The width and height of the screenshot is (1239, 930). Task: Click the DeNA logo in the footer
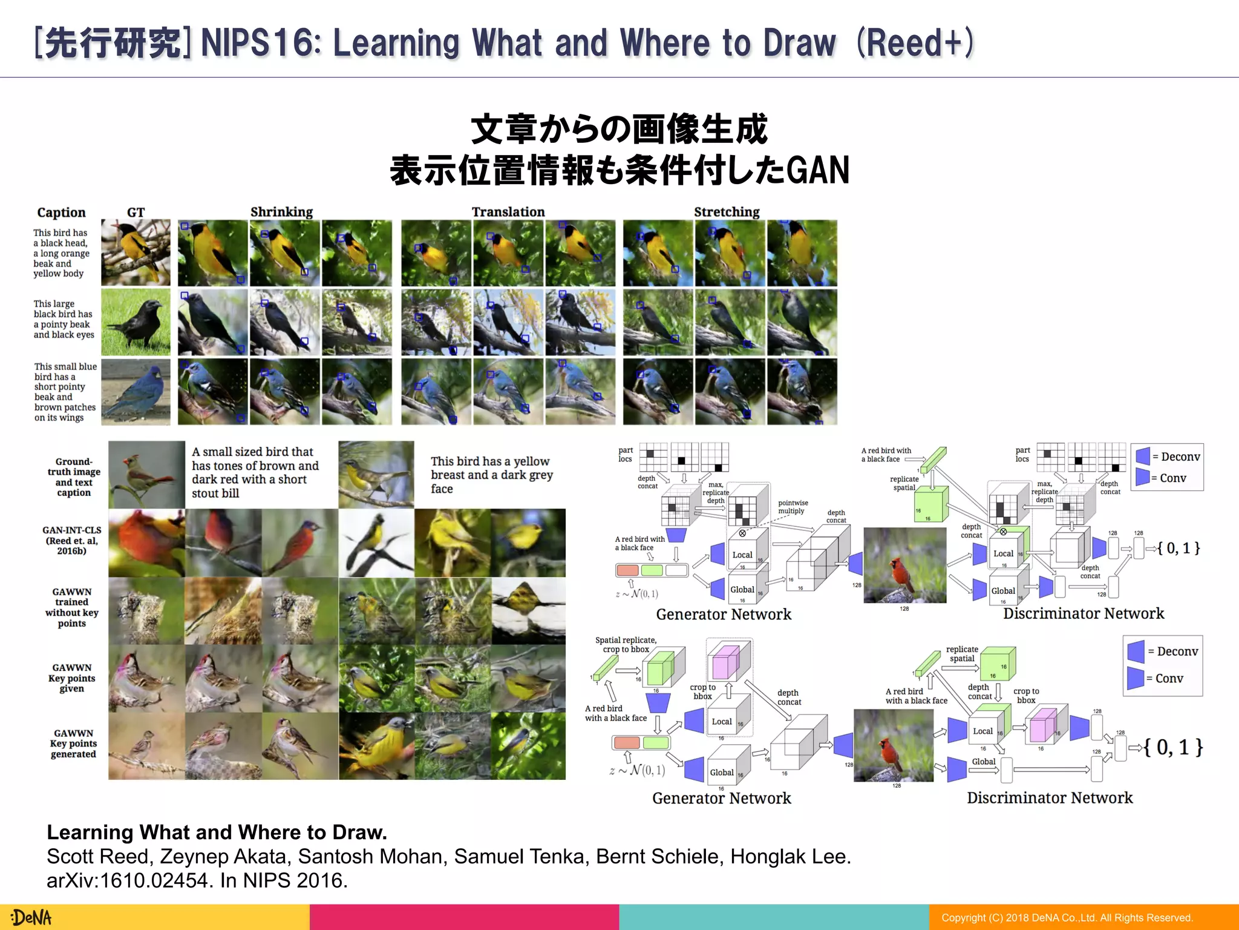tap(32, 917)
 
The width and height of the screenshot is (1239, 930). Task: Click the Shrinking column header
tap(281, 212)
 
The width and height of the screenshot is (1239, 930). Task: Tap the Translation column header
tap(508, 212)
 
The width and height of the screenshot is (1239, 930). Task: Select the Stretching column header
tap(727, 212)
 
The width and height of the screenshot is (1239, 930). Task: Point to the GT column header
tap(136, 213)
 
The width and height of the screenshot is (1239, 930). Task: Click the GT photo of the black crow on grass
tap(136, 322)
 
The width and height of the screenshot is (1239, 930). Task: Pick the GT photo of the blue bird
tap(136, 392)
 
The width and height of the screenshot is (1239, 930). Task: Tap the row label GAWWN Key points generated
tap(73, 744)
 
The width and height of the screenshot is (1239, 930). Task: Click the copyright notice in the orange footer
tap(1067, 918)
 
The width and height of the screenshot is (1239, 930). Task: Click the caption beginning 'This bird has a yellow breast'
tap(491, 475)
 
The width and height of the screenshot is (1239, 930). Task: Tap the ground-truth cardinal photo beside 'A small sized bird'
tap(146, 475)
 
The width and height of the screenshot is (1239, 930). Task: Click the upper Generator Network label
tap(724, 614)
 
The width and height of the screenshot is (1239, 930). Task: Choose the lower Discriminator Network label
tap(1050, 797)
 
